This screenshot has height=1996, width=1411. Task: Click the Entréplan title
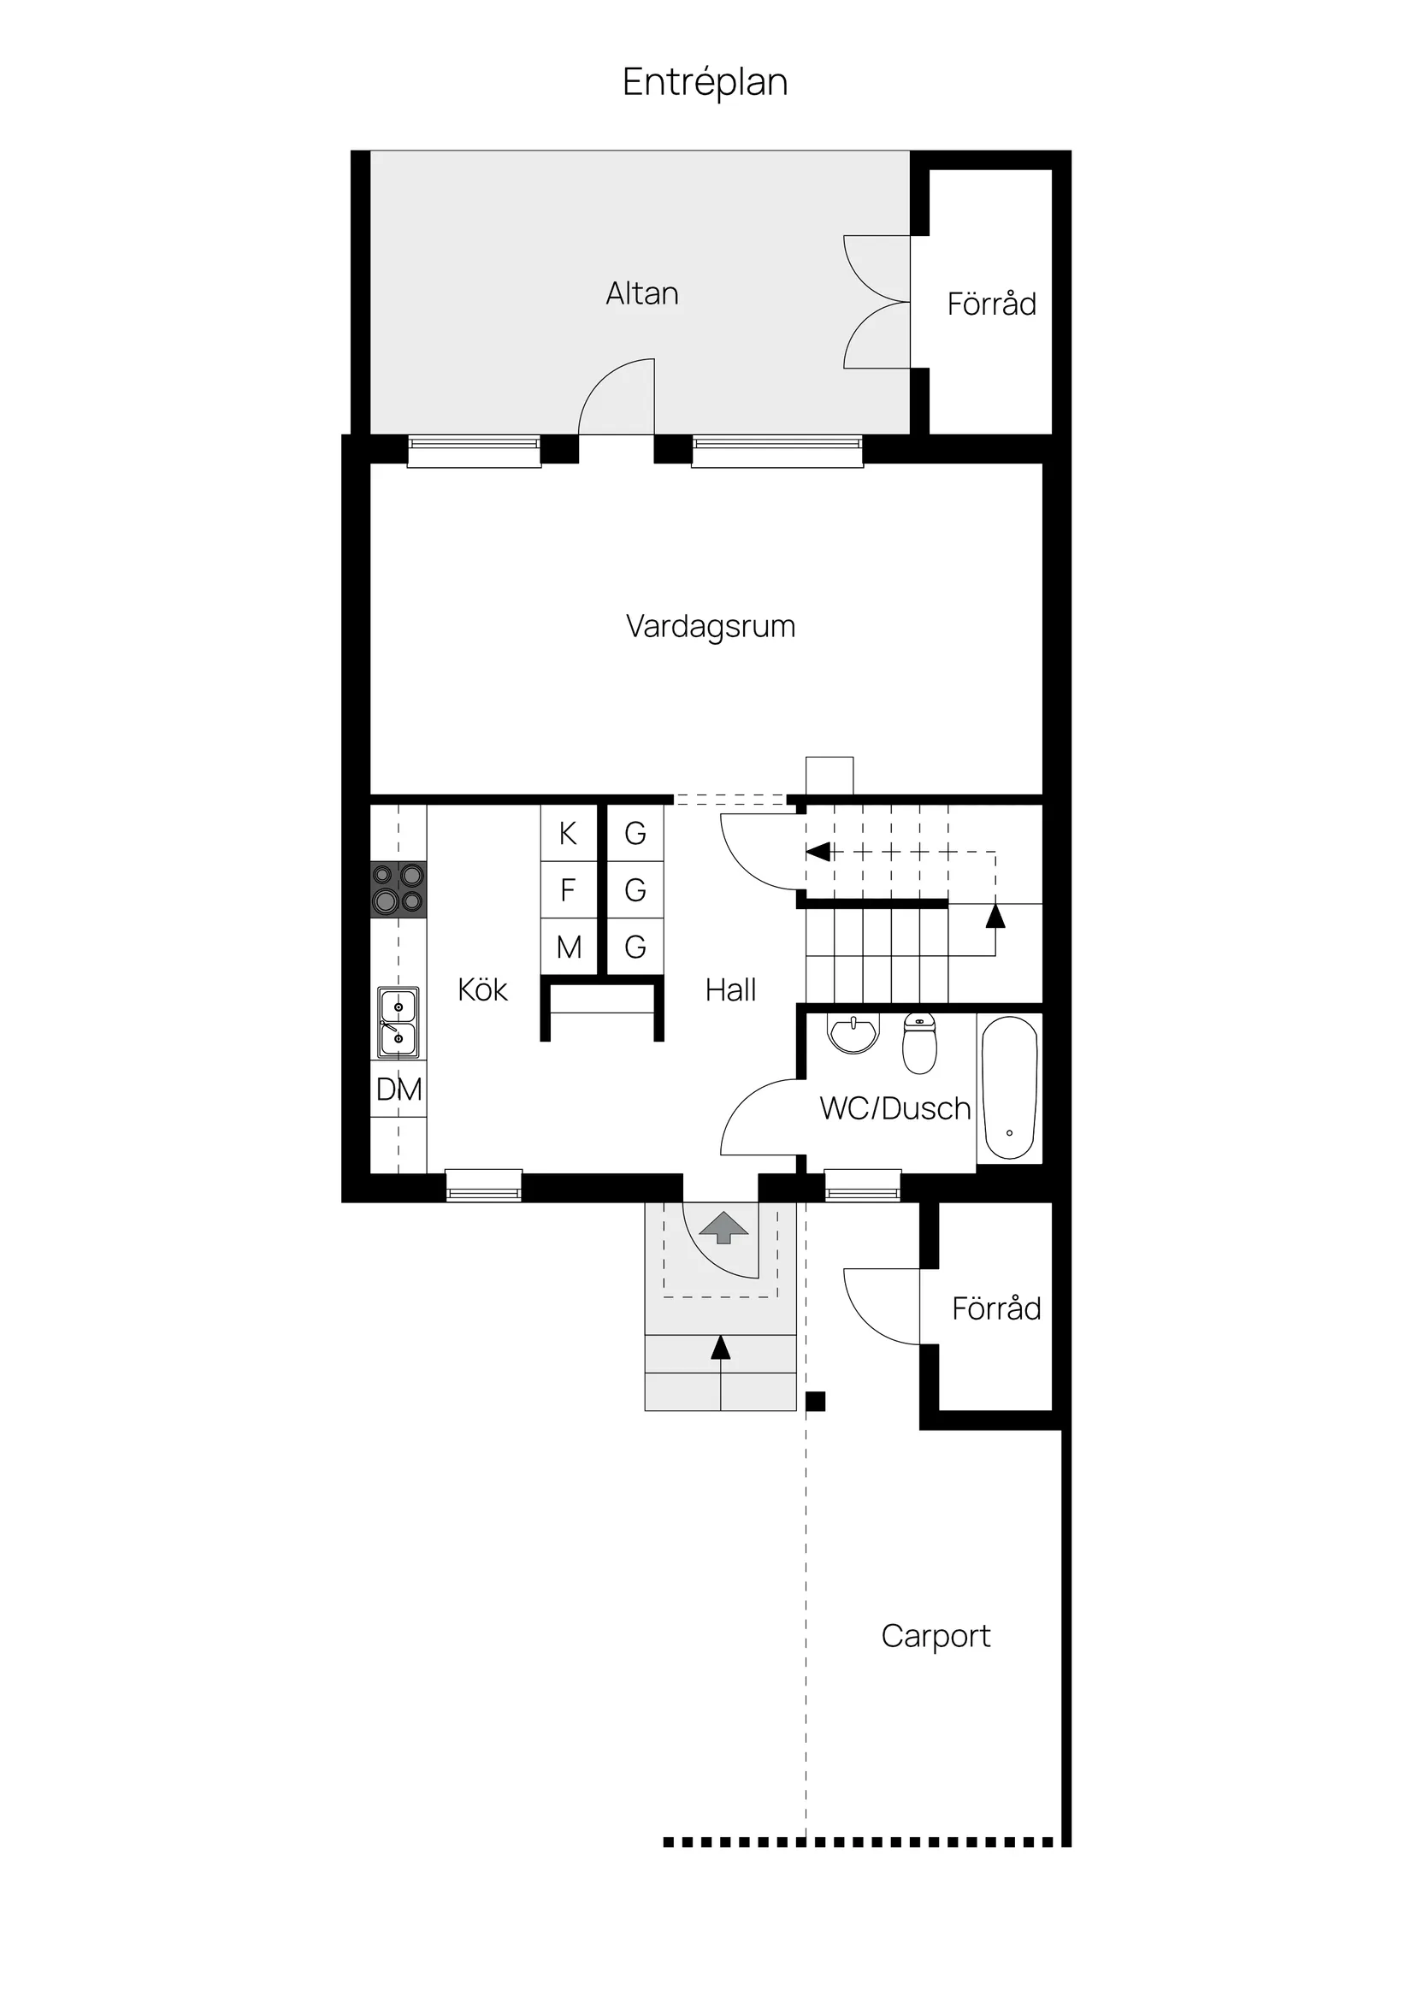[x=705, y=83]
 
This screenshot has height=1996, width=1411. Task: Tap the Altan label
[x=641, y=294]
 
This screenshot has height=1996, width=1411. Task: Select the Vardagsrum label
[x=711, y=627]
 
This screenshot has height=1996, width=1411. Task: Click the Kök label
[x=482, y=989]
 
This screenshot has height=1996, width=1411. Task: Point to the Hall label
[x=730, y=989]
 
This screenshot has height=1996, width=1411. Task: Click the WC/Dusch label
[x=894, y=1108]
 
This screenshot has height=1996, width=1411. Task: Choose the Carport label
[x=936, y=1635]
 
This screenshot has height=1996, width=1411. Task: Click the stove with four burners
[x=399, y=889]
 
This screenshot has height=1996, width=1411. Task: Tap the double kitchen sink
[x=399, y=1022]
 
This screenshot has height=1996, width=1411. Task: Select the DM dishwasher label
[x=399, y=1090]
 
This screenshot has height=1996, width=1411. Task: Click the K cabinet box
[x=569, y=833]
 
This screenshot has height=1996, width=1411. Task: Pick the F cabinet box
[x=569, y=890]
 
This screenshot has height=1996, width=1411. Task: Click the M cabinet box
[x=569, y=947]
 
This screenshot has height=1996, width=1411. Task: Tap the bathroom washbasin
[x=853, y=1034]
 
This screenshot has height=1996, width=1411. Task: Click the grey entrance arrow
[x=723, y=1227]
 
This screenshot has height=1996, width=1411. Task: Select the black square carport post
[x=816, y=1401]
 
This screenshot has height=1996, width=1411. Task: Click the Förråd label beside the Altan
[x=991, y=304]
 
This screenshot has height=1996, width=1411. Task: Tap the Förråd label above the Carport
[x=995, y=1308]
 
